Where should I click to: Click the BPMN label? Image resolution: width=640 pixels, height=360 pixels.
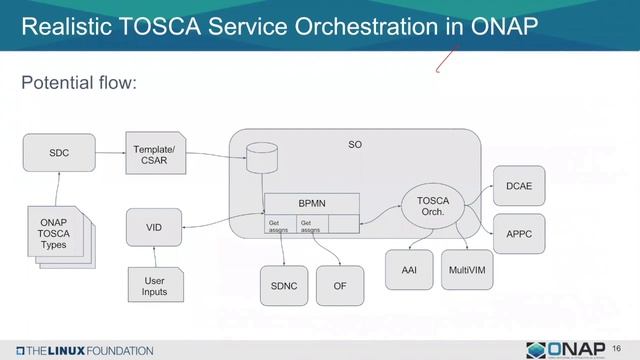tap(312, 203)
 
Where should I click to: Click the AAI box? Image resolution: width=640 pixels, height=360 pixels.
tap(410, 270)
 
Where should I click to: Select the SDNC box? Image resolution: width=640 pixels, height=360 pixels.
tap(285, 286)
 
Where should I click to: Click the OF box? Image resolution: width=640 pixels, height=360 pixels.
tap(340, 286)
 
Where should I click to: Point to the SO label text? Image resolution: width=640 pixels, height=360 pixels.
tap(355, 145)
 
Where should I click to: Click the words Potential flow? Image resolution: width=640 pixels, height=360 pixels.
tap(78, 82)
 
